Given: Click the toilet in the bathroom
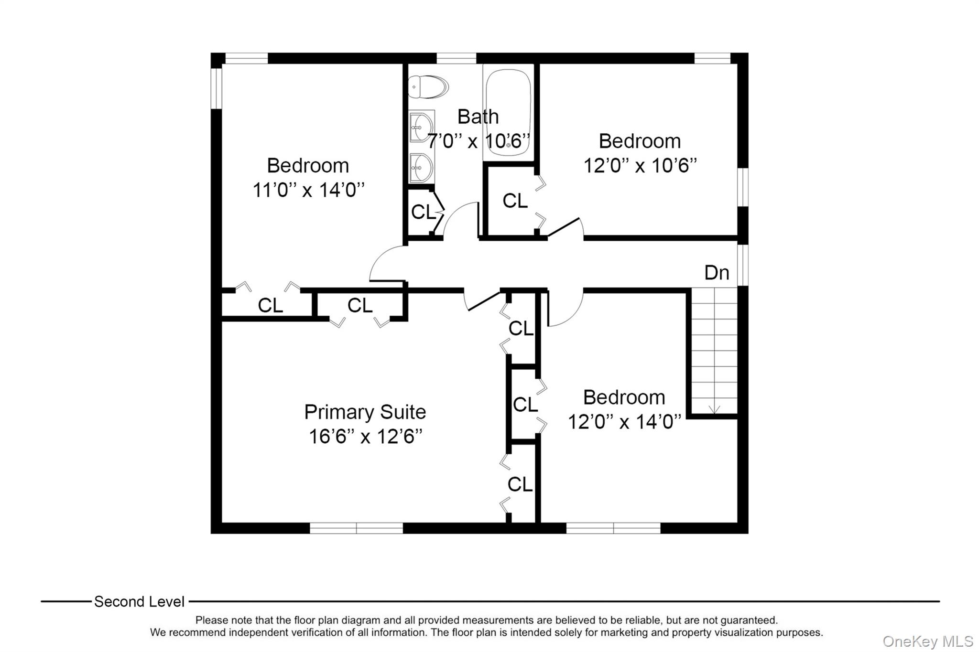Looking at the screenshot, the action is [x=428, y=86].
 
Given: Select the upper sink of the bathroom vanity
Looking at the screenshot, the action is [x=421, y=127].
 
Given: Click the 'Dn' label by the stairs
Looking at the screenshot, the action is [x=717, y=273].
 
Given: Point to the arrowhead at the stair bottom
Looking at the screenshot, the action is [x=714, y=409].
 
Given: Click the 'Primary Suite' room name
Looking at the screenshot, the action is [x=365, y=412].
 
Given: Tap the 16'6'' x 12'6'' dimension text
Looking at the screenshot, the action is [x=366, y=437].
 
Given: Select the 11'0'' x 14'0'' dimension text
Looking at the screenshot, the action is [x=308, y=190].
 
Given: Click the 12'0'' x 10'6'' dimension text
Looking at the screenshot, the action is [x=640, y=166].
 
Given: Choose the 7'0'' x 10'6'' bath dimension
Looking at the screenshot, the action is [x=479, y=141].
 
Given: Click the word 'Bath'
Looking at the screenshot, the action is [x=478, y=117].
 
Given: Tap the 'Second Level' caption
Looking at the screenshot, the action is [x=139, y=601].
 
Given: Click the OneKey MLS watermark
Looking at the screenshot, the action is [x=928, y=641].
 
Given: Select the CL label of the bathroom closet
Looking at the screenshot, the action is [x=424, y=212].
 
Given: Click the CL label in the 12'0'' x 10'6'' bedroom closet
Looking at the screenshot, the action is [x=515, y=201].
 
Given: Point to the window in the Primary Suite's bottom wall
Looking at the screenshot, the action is [x=357, y=528].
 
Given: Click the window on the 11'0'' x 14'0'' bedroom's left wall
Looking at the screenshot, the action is [x=217, y=89].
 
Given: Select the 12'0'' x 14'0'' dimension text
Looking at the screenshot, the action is [x=624, y=422].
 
